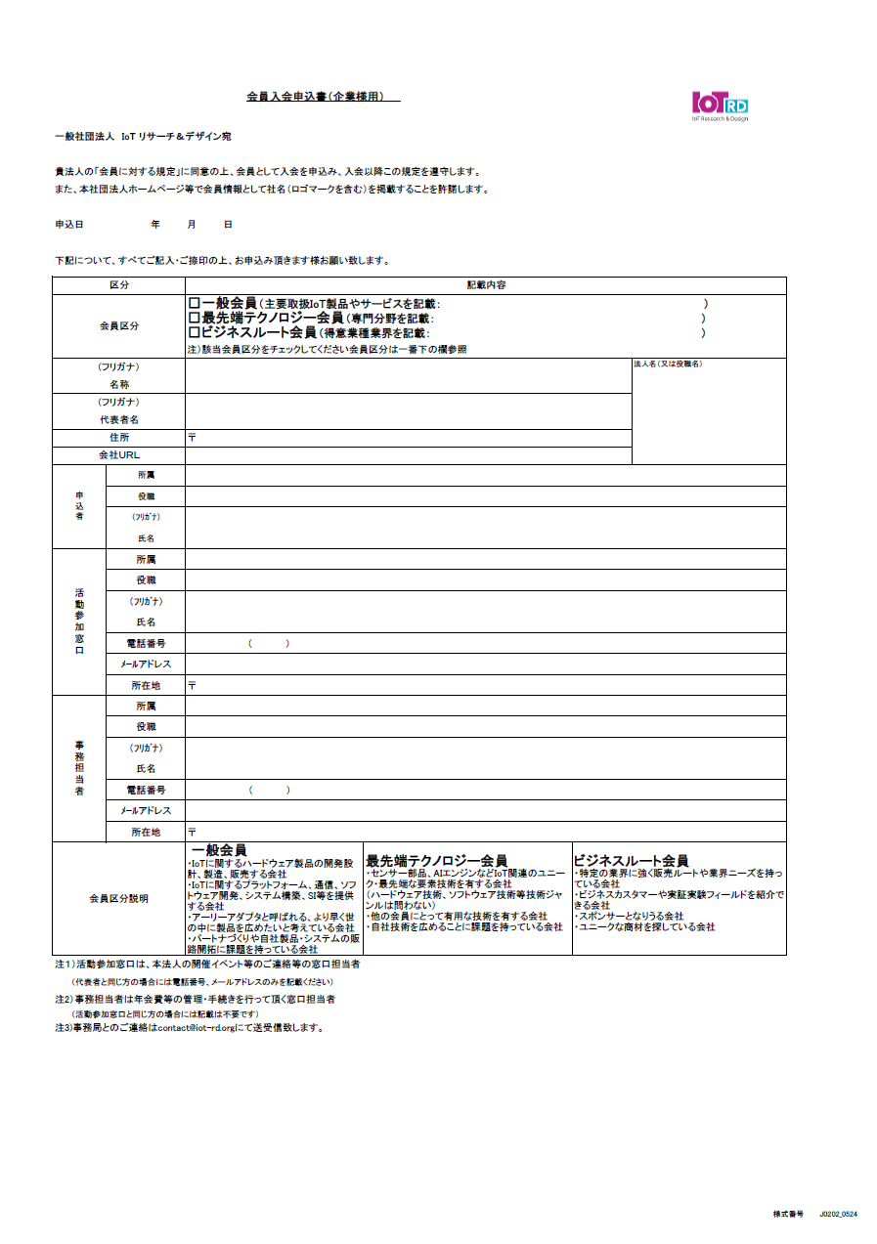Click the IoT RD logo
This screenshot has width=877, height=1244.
(x=721, y=105)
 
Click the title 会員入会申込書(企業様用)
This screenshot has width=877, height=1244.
(x=322, y=98)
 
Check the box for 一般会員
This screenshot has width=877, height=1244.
(x=194, y=304)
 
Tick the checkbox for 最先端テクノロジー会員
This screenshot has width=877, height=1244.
(x=194, y=319)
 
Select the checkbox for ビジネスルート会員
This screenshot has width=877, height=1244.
(x=194, y=333)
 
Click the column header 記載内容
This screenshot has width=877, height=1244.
(x=485, y=285)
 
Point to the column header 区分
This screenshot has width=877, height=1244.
(x=118, y=285)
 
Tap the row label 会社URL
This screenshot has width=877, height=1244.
(x=118, y=455)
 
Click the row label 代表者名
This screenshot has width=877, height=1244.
(x=118, y=419)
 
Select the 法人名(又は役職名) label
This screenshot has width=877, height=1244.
(x=668, y=365)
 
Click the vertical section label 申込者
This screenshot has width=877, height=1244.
(x=79, y=505)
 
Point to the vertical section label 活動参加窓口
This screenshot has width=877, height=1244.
(x=79, y=621)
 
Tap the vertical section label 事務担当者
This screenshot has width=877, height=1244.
(x=79, y=768)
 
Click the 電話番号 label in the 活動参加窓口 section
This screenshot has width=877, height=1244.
(x=145, y=643)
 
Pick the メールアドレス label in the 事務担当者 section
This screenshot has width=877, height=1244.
(x=145, y=810)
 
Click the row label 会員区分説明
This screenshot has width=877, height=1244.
(x=118, y=898)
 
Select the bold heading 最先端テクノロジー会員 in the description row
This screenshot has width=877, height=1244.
(x=436, y=861)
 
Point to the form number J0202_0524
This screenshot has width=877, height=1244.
(x=838, y=1214)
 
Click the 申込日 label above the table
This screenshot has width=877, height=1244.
(x=69, y=225)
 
